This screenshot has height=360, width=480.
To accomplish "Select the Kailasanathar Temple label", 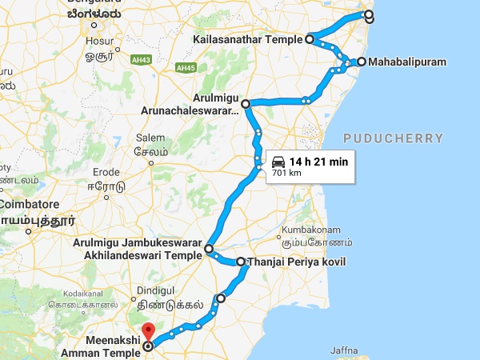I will [x=247, y=38].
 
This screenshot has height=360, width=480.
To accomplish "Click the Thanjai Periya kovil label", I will [x=297, y=262].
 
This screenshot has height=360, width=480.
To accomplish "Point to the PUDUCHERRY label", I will [x=392, y=138].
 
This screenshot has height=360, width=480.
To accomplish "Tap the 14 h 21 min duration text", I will [x=318, y=161].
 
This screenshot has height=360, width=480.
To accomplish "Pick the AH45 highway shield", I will [x=186, y=67].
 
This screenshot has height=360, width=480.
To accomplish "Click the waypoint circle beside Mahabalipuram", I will [x=362, y=62].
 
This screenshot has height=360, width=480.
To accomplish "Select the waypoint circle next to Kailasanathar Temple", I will [x=309, y=38].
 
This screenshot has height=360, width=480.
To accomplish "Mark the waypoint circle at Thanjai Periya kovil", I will [x=240, y=262].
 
